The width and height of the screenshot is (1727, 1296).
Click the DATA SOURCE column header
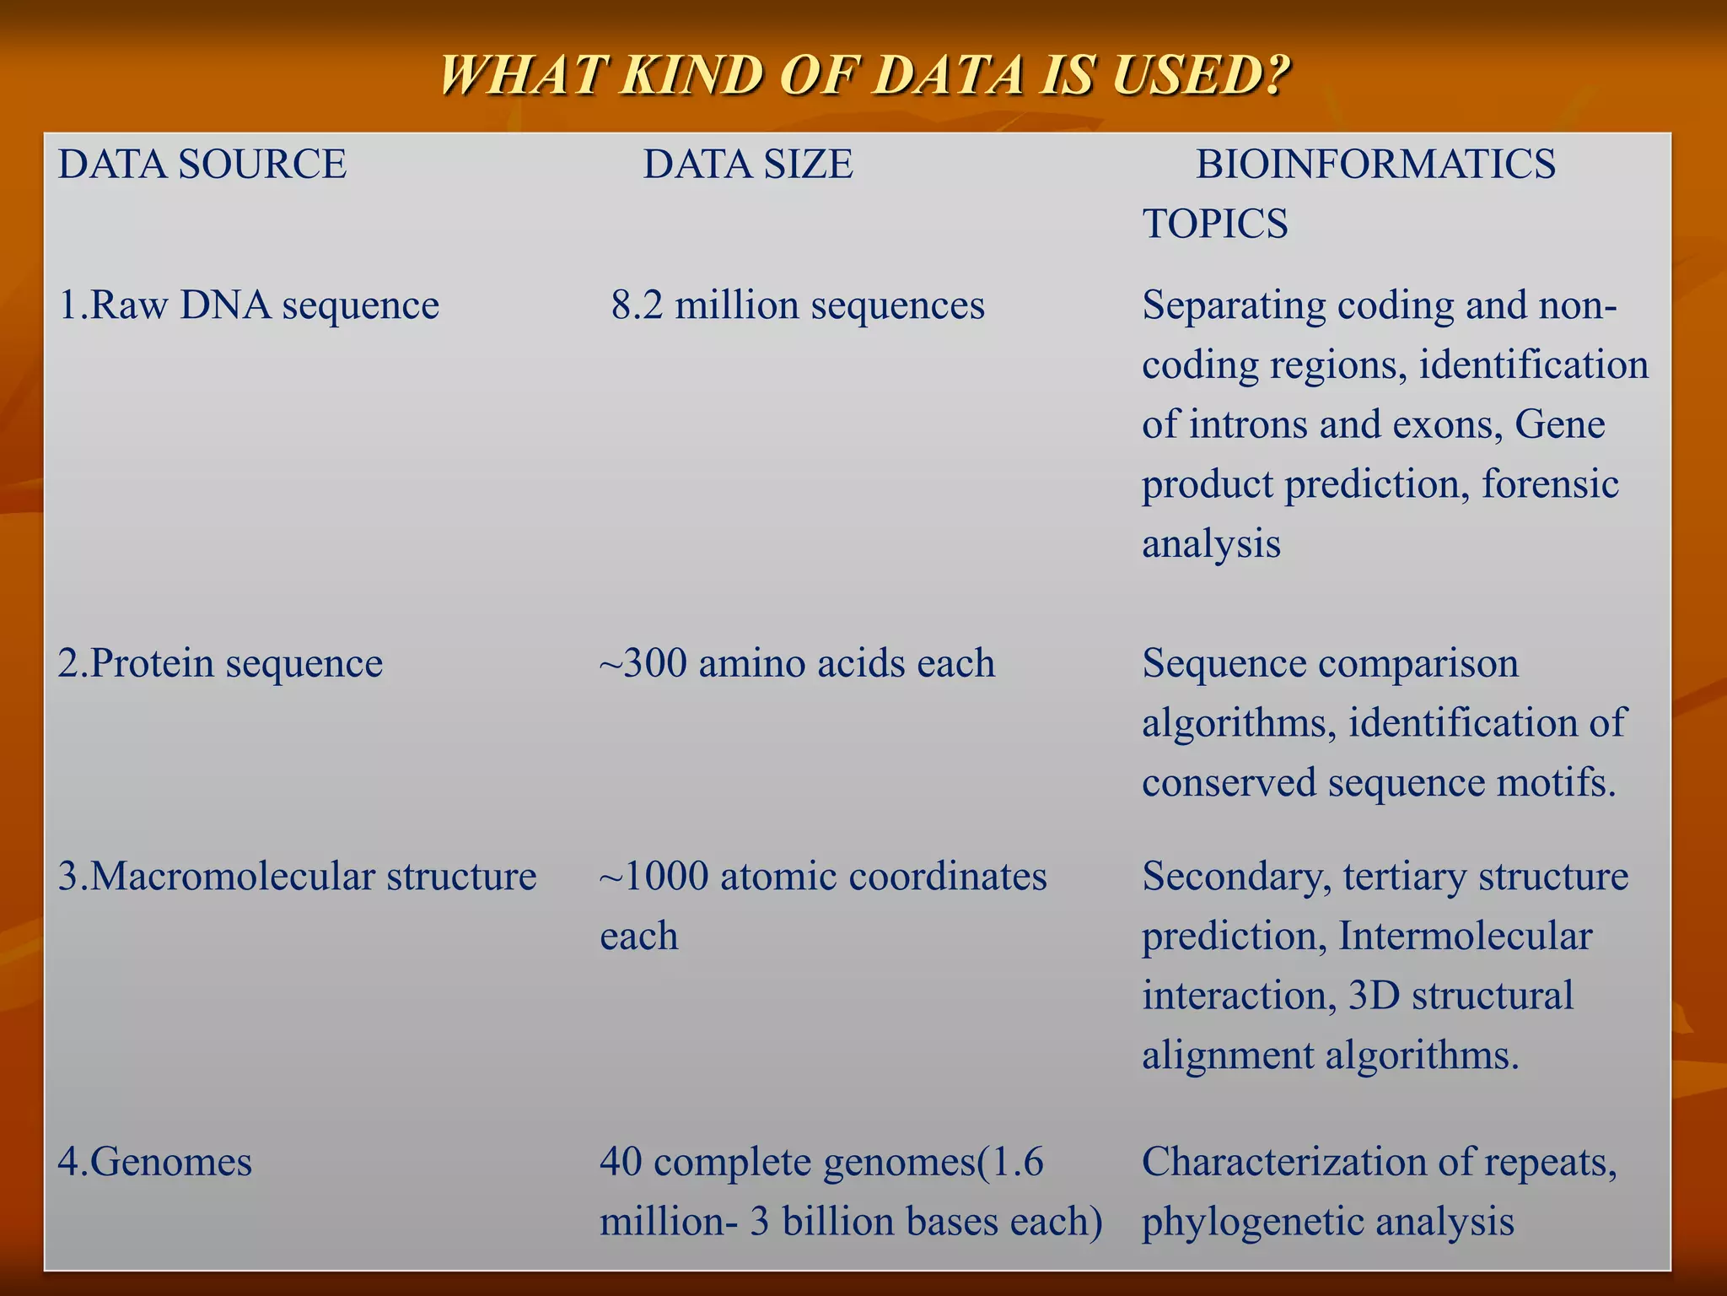pyautogui.click(x=202, y=164)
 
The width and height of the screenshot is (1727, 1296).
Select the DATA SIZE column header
pyautogui.click(x=748, y=164)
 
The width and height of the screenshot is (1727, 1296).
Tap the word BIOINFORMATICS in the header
pyautogui.click(x=1375, y=164)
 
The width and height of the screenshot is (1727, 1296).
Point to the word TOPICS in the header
pyautogui.click(x=1215, y=224)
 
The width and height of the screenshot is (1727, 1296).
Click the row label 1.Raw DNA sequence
pyautogui.click(x=249, y=305)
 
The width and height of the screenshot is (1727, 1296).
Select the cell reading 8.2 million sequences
pyautogui.click(x=798, y=305)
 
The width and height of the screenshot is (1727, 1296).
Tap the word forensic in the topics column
pyautogui.click(x=1550, y=484)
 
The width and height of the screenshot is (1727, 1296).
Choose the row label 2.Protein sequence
pyautogui.click(x=220, y=663)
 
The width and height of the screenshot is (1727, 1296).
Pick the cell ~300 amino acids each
pyautogui.click(x=797, y=663)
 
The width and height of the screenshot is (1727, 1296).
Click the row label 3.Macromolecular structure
pyautogui.click(x=297, y=877)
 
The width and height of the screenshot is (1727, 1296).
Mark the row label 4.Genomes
pyautogui.click(x=155, y=1162)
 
